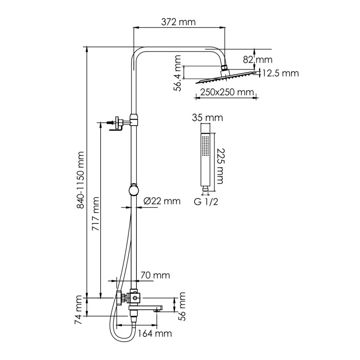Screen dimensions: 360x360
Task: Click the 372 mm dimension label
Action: (x=178, y=22)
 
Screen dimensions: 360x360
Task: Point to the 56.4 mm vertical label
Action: (x=177, y=74)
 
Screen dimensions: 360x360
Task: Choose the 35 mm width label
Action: (x=207, y=117)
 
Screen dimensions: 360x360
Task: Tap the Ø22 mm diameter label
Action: (x=163, y=201)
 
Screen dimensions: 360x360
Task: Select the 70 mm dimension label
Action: (x=154, y=276)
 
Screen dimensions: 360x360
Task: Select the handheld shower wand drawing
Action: (x=206, y=159)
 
